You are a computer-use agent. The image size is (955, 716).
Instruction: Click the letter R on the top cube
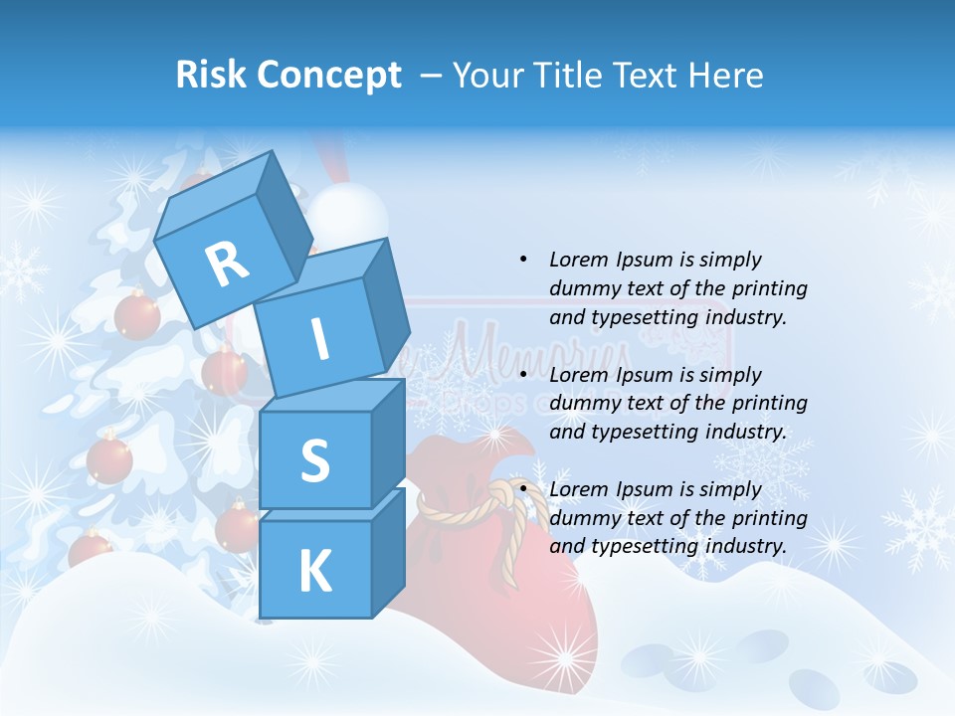[227, 264]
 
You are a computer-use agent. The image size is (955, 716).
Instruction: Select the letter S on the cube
[314, 459]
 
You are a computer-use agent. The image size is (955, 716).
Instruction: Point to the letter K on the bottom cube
[314, 571]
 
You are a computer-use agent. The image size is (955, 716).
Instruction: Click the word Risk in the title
[211, 75]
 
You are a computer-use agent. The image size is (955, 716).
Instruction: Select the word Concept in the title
[329, 75]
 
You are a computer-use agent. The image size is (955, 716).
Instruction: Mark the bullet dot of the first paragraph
[523, 260]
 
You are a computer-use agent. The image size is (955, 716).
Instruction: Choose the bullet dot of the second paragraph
[523, 375]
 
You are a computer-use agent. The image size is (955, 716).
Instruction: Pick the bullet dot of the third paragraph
[523, 489]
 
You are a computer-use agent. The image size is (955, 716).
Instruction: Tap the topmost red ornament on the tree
[136, 315]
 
